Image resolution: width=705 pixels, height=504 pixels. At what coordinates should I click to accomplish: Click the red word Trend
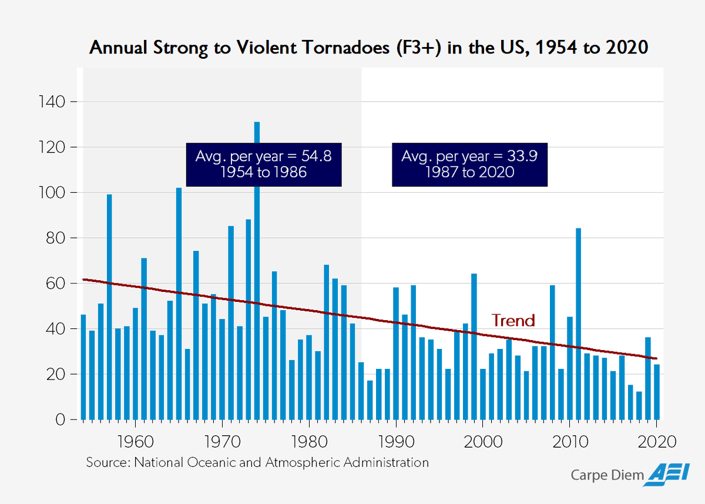point(513,321)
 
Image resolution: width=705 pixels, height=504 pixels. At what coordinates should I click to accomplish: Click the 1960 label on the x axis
point(135,441)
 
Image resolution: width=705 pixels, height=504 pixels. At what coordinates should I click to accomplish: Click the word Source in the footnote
point(106,462)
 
